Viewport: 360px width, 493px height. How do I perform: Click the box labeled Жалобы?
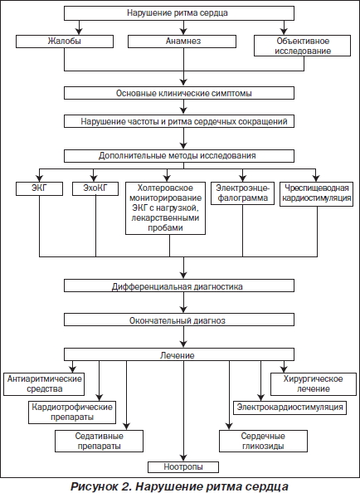(x=65, y=41)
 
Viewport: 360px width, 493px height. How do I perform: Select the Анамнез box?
(x=182, y=41)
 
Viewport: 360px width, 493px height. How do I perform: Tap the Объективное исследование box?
(x=302, y=46)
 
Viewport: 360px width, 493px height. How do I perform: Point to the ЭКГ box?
(x=39, y=188)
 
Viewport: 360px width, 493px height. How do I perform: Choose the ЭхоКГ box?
(x=95, y=188)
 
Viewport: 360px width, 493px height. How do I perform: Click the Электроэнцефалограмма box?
(x=242, y=193)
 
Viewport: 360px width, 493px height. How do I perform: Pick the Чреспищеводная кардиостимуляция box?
(x=316, y=193)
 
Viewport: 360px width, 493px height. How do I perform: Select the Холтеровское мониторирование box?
(x=165, y=208)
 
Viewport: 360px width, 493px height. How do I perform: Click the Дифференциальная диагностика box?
(x=179, y=286)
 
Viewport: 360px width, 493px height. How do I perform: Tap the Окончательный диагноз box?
(x=179, y=320)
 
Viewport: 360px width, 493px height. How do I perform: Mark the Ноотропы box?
(x=183, y=467)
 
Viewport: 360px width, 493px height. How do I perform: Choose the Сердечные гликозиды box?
(x=263, y=441)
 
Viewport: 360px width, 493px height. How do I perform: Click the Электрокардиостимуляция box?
(x=290, y=408)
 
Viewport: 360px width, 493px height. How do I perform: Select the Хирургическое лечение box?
(x=314, y=384)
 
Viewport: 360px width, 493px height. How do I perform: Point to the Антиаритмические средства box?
(x=44, y=384)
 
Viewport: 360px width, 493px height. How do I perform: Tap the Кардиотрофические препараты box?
(x=72, y=412)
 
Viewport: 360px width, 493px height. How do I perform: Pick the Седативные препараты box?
(x=99, y=441)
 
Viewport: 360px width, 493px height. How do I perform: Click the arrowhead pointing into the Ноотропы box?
(x=183, y=458)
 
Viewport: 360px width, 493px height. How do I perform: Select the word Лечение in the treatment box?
(x=178, y=355)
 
